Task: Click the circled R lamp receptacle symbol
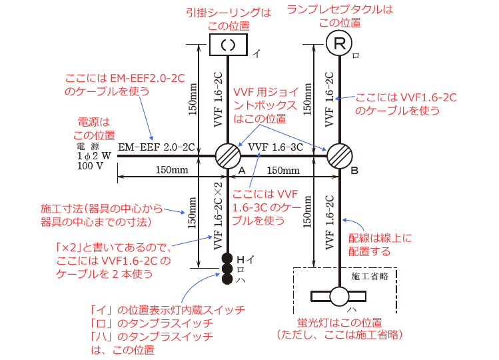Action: click(339, 43)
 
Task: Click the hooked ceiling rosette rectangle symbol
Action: click(228, 45)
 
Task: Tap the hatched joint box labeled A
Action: click(228, 156)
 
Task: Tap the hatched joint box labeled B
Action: click(340, 156)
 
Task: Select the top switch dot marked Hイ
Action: click(227, 259)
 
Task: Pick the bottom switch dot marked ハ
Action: click(227, 279)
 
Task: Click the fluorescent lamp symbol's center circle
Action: click(339, 296)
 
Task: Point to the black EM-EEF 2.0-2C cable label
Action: click(157, 147)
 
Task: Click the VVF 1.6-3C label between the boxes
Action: click(276, 147)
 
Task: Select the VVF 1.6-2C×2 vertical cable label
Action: click(218, 216)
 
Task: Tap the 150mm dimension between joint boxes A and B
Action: click(283, 171)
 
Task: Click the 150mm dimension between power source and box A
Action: click(172, 170)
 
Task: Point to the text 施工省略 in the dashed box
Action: click(370, 276)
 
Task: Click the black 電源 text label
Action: click(88, 146)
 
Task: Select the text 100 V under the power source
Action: click(90, 165)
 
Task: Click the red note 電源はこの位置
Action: click(94, 129)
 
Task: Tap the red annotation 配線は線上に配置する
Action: click(380, 245)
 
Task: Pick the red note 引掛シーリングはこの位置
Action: click(229, 19)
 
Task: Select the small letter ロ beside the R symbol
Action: click(356, 56)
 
